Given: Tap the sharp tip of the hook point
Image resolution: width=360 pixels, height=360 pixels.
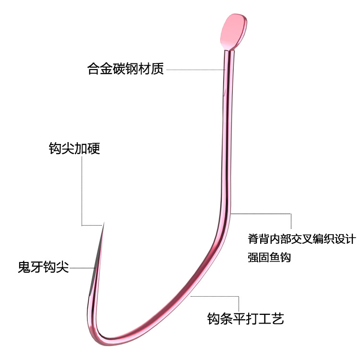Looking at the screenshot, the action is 103,224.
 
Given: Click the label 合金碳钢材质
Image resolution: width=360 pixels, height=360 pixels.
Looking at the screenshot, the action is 125,69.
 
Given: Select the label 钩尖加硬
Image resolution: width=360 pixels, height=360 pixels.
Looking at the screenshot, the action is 74,148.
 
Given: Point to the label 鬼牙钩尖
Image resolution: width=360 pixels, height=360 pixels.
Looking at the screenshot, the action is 43,267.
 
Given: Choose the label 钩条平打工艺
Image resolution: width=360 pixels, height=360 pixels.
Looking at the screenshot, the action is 246,318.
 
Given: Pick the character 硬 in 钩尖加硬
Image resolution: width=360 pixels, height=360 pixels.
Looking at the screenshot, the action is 94,148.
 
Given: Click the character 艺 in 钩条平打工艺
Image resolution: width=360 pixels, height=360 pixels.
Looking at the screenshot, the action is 278,318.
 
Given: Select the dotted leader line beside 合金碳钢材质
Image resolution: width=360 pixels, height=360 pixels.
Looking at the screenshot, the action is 194,70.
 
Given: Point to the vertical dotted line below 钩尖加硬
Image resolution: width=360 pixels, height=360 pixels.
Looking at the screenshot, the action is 82,192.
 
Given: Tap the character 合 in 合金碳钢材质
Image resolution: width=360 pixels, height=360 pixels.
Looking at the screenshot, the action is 93,69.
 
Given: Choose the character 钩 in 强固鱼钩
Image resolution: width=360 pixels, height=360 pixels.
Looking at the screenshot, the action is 285,257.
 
